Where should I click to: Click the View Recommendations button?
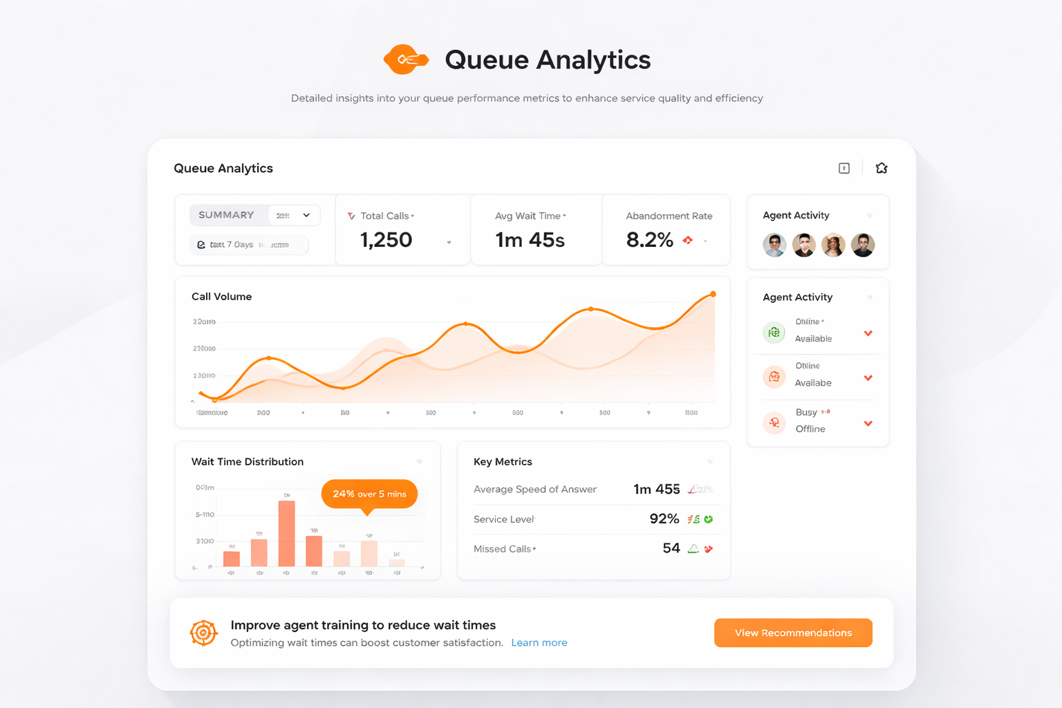(793, 633)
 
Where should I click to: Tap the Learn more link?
(539, 643)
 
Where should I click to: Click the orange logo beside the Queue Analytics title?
(406, 59)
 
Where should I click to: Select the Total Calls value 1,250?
(386, 240)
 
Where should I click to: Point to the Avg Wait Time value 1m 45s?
(530, 240)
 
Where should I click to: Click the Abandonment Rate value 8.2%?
(649, 240)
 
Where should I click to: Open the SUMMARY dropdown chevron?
(306, 215)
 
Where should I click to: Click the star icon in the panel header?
(882, 168)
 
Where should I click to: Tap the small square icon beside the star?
(844, 168)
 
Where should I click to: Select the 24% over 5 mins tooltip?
(369, 494)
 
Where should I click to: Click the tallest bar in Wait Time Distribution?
(286, 533)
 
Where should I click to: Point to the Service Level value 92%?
(664, 519)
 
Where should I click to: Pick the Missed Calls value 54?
(671, 548)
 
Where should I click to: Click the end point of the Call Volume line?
(713, 295)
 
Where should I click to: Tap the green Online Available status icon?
(774, 333)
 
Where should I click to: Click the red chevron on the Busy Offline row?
(868, 423)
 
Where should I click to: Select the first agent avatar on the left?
(774, 245)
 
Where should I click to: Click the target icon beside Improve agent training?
(203, 633)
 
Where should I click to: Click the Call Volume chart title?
(221, 297)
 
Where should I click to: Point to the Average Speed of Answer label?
(534, 490)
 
